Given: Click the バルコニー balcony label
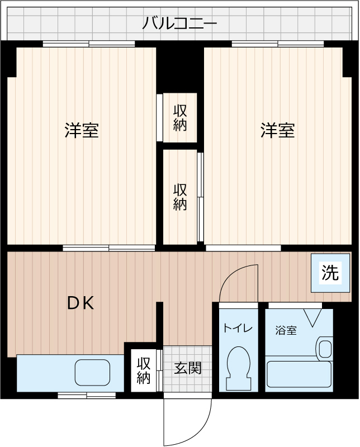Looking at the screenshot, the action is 179,23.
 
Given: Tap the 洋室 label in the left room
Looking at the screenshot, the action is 82,130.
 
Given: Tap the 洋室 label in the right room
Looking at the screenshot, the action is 278,130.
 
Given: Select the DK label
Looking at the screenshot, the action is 80,303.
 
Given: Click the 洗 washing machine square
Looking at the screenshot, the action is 330,273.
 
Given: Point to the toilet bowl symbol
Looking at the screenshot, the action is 239,368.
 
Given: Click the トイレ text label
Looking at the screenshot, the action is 238,328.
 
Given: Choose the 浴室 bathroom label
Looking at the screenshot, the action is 286,330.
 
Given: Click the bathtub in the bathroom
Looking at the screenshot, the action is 299,374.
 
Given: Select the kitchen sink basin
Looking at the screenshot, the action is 92,372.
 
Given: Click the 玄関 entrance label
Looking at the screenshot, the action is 188,368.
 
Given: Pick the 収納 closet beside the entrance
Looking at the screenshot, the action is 144,370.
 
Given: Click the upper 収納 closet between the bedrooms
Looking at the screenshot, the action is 180,118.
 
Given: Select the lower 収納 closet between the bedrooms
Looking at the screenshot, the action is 180,197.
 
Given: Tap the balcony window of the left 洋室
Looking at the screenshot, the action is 89,44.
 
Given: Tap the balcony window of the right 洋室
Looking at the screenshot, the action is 278,44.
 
